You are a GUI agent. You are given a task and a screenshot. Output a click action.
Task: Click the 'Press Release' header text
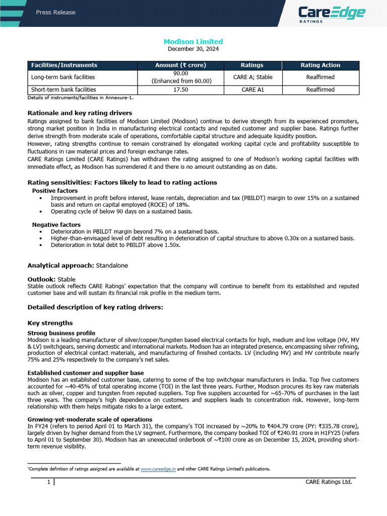pos(55,12)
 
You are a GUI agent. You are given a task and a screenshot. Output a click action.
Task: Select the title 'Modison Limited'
pos(193,41)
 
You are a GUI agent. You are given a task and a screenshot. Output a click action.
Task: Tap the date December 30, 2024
pos(193,49)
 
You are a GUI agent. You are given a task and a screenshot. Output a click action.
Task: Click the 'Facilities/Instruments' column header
pos(64,65)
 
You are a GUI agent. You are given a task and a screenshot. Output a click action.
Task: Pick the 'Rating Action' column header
pos(320,65)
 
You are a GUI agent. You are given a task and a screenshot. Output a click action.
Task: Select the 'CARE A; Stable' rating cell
pos(252,77)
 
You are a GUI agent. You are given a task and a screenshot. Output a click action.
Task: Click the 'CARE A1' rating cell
pos(252,90)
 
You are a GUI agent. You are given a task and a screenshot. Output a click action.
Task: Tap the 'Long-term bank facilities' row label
pos(63,77)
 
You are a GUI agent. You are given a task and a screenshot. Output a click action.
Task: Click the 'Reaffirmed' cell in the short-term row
pos(320,90)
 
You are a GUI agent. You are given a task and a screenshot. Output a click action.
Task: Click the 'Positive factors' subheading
pos(55,191)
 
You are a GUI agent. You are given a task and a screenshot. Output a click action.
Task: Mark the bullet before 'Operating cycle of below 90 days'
pos(40,212)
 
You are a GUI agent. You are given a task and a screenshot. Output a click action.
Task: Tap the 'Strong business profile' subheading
pos(61,333)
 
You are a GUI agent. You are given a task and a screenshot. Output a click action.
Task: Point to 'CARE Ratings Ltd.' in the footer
pos(329,482)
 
